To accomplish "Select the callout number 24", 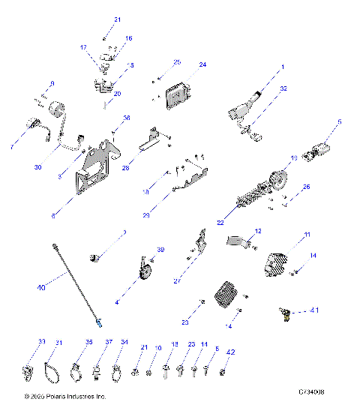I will tap(202, 65).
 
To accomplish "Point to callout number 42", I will tap(231, 351).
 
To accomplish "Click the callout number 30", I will tap(37, 167).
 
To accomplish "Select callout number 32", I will tap(283, 88).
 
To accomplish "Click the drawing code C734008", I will tap(312, 392).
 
